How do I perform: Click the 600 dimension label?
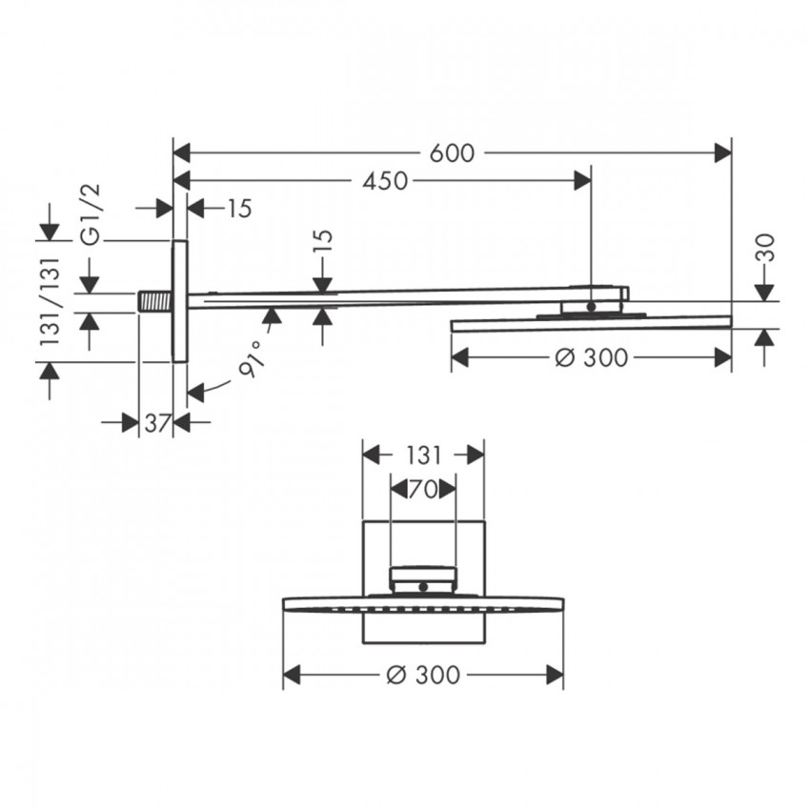coord(452,153)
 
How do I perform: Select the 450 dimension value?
coord(385,181)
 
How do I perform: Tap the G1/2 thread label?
coord(91,214)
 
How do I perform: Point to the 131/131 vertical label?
coord(51,301)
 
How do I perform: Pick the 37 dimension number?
coord(157,424)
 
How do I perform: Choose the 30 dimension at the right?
coord(768,248)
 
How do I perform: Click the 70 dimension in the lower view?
coord(423,489)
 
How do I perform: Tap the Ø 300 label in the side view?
coord(592,357)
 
